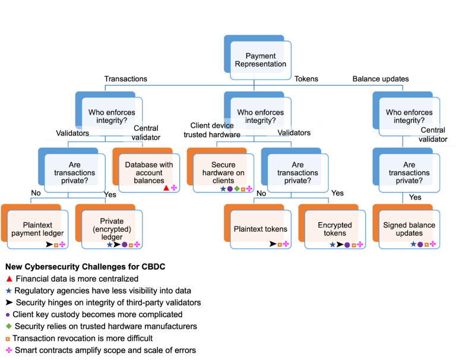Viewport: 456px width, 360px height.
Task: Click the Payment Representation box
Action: [x=261, y=60]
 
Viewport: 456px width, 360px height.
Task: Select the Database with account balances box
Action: [x=148, y=172]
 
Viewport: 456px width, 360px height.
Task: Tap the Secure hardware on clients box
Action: [x=223, y=172]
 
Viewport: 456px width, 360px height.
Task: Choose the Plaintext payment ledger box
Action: [x=37, y=229]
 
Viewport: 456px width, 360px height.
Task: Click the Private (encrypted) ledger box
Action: [x=112, y=229]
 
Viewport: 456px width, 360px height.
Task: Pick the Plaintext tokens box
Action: [x=260, y=229]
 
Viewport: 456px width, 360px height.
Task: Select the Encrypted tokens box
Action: [x=335, y=229]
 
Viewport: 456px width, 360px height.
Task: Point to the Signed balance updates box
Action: [x=409, y=229]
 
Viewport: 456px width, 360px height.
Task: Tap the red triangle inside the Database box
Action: [x=166, y=188]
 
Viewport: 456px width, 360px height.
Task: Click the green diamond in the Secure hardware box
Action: [x=236, y=188]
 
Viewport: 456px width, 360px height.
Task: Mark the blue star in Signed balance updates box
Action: [x=414, y=244]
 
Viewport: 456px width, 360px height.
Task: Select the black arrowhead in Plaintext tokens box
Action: [x=273, y=244]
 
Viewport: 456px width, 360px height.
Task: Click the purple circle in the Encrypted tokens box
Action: [x=347, y=244]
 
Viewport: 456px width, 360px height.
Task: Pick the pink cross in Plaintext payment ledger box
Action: [x=62, y=244]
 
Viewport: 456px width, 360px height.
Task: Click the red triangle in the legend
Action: [x=9, y=278]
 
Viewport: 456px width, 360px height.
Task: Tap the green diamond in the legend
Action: [x=8, y=326]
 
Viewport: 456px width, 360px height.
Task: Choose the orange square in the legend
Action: [x=8, y=339]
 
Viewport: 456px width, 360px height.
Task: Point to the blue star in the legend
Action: [x=9, y=290]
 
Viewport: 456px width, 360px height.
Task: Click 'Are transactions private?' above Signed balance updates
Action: [x=409, y=172]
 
